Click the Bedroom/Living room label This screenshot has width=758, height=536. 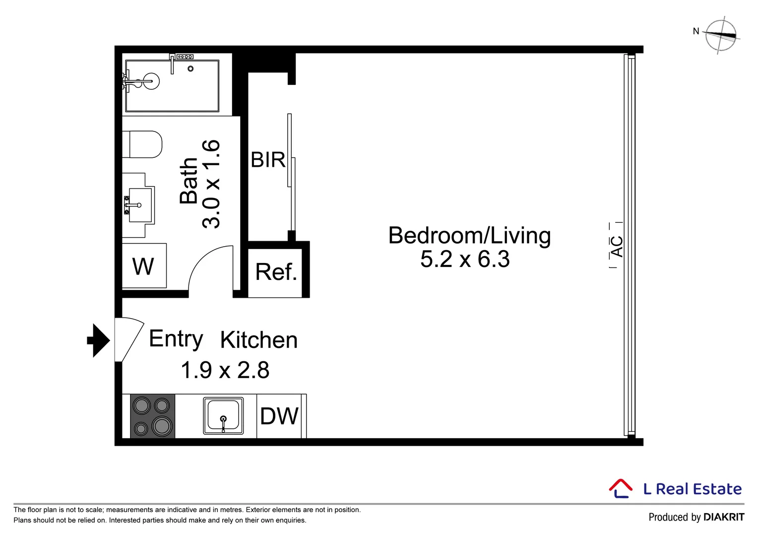pos(469,236)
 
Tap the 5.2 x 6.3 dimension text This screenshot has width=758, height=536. pos(465,260)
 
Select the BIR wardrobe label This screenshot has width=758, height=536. pos(268,160)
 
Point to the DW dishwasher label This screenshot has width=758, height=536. pos(279,416)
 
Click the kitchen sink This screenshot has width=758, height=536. pos(223,416)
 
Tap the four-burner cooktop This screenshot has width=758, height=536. pos(153,416)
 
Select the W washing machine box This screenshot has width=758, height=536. pos(144,266)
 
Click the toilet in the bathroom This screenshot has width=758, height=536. pos(142,144)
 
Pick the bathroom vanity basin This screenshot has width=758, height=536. pos(139,205)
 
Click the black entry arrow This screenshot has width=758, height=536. pos(99,340)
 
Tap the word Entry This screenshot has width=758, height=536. pos(176,339)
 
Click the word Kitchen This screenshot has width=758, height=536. pos(259,340)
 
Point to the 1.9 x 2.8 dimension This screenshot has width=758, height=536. pos(225,370)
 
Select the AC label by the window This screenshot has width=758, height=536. pos(617,247)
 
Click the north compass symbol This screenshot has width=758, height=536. pos(721,35)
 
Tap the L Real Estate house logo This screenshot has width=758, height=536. pos(621,488)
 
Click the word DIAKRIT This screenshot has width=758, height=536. pos(724,517)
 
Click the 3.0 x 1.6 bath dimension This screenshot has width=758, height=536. pos(211,184)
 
